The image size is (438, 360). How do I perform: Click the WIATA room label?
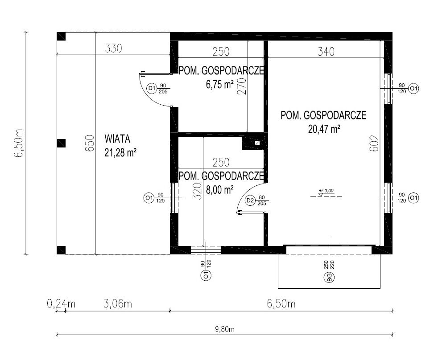[x=117, y=139]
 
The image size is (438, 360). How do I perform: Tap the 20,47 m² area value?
[x=324, y=129]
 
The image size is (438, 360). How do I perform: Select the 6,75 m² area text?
[x=219, y=84]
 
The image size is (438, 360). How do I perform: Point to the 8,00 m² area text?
[x=219, y=190]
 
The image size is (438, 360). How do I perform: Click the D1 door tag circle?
[x=152, y=89]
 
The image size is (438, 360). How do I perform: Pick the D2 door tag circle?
[x=250, y=200]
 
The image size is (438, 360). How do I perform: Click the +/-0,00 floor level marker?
[x=326, y=192]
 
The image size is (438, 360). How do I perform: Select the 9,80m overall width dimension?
[x=225, y=330]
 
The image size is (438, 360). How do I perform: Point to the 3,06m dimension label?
[x=118, y=303]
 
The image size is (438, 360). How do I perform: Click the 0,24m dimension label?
[x=61, y=303]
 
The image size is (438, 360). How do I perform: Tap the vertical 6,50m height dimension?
[x=19, y=143]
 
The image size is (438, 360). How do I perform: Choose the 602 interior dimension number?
[x=374, y=143]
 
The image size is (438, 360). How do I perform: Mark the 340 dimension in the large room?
[x=326, y=51]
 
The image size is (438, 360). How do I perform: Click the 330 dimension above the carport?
[x=113, y=48]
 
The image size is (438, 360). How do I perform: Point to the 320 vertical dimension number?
[x=197, y=191]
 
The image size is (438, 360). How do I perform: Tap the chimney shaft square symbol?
[x=257, y=143]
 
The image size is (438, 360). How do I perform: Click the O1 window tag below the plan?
[x=206, y=275]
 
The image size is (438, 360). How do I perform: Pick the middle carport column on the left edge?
[x=61, y=143]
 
